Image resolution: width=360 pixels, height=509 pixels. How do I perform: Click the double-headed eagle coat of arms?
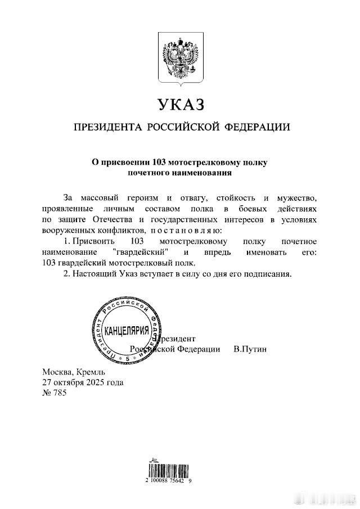[180, 56]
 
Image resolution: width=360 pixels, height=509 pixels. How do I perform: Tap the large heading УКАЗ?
[180, 105]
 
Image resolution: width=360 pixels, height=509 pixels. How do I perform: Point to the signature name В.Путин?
[250, 349]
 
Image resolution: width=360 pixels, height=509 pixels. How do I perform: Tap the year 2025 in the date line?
[97, 382]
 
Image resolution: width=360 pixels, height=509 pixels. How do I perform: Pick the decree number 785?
[59, 393]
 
